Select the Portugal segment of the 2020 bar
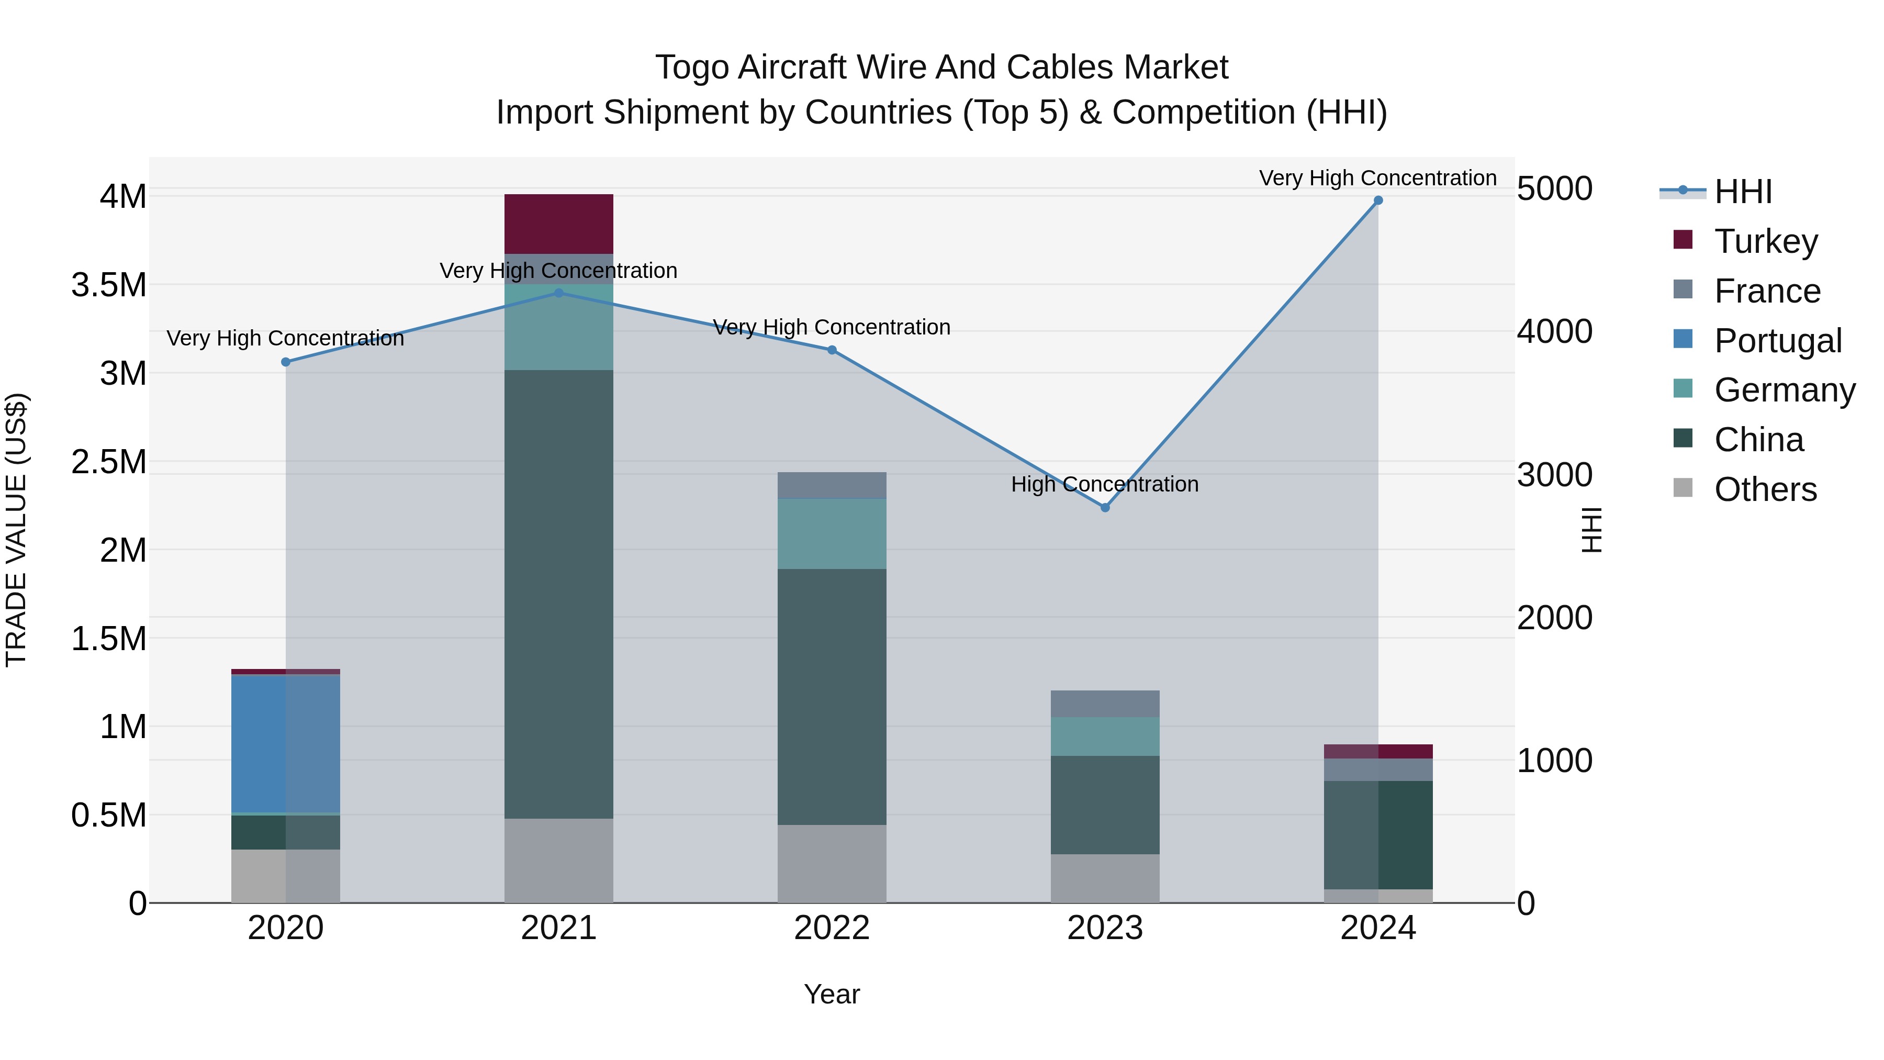pos(285,743)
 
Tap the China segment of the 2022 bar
pos(832,696)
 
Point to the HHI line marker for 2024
pos(1378,200)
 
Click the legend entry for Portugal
pos(1777,341)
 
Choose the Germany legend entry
pos(1784,390)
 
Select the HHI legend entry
pos(1742,192)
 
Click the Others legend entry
pos(1765,489)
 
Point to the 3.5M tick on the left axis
pos(109,285)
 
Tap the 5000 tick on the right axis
pos(1554,189)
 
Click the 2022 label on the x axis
pos(832,928)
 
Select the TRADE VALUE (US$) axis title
pos(16,530)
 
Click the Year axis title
pos(832,994)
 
